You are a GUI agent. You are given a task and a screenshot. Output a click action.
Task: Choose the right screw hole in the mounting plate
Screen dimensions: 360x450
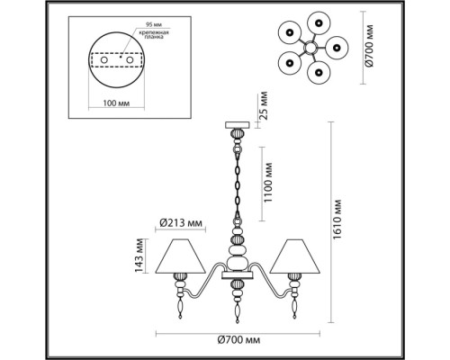(130, 67)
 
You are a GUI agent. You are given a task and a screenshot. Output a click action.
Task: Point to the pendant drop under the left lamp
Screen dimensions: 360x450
(184, 311)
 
